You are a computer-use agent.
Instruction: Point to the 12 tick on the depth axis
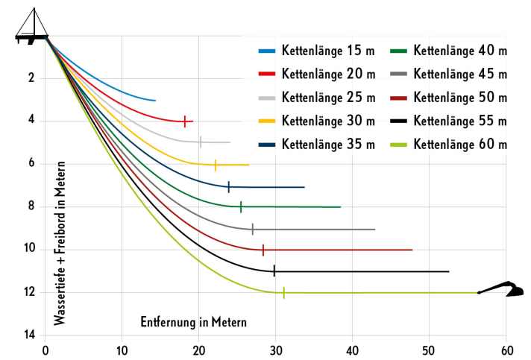click(31, 293)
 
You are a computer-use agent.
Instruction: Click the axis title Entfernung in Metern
click(193, 322)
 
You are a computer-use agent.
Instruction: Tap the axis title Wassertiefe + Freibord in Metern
click(59, 243)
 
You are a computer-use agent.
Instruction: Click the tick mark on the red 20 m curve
click(184, 121)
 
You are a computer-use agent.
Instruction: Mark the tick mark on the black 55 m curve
click(274, 271)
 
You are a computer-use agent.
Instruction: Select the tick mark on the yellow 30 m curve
click(216, 165)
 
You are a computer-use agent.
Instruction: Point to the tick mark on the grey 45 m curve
click(253, 229)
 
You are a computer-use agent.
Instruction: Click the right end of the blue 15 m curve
click(155, 100)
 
